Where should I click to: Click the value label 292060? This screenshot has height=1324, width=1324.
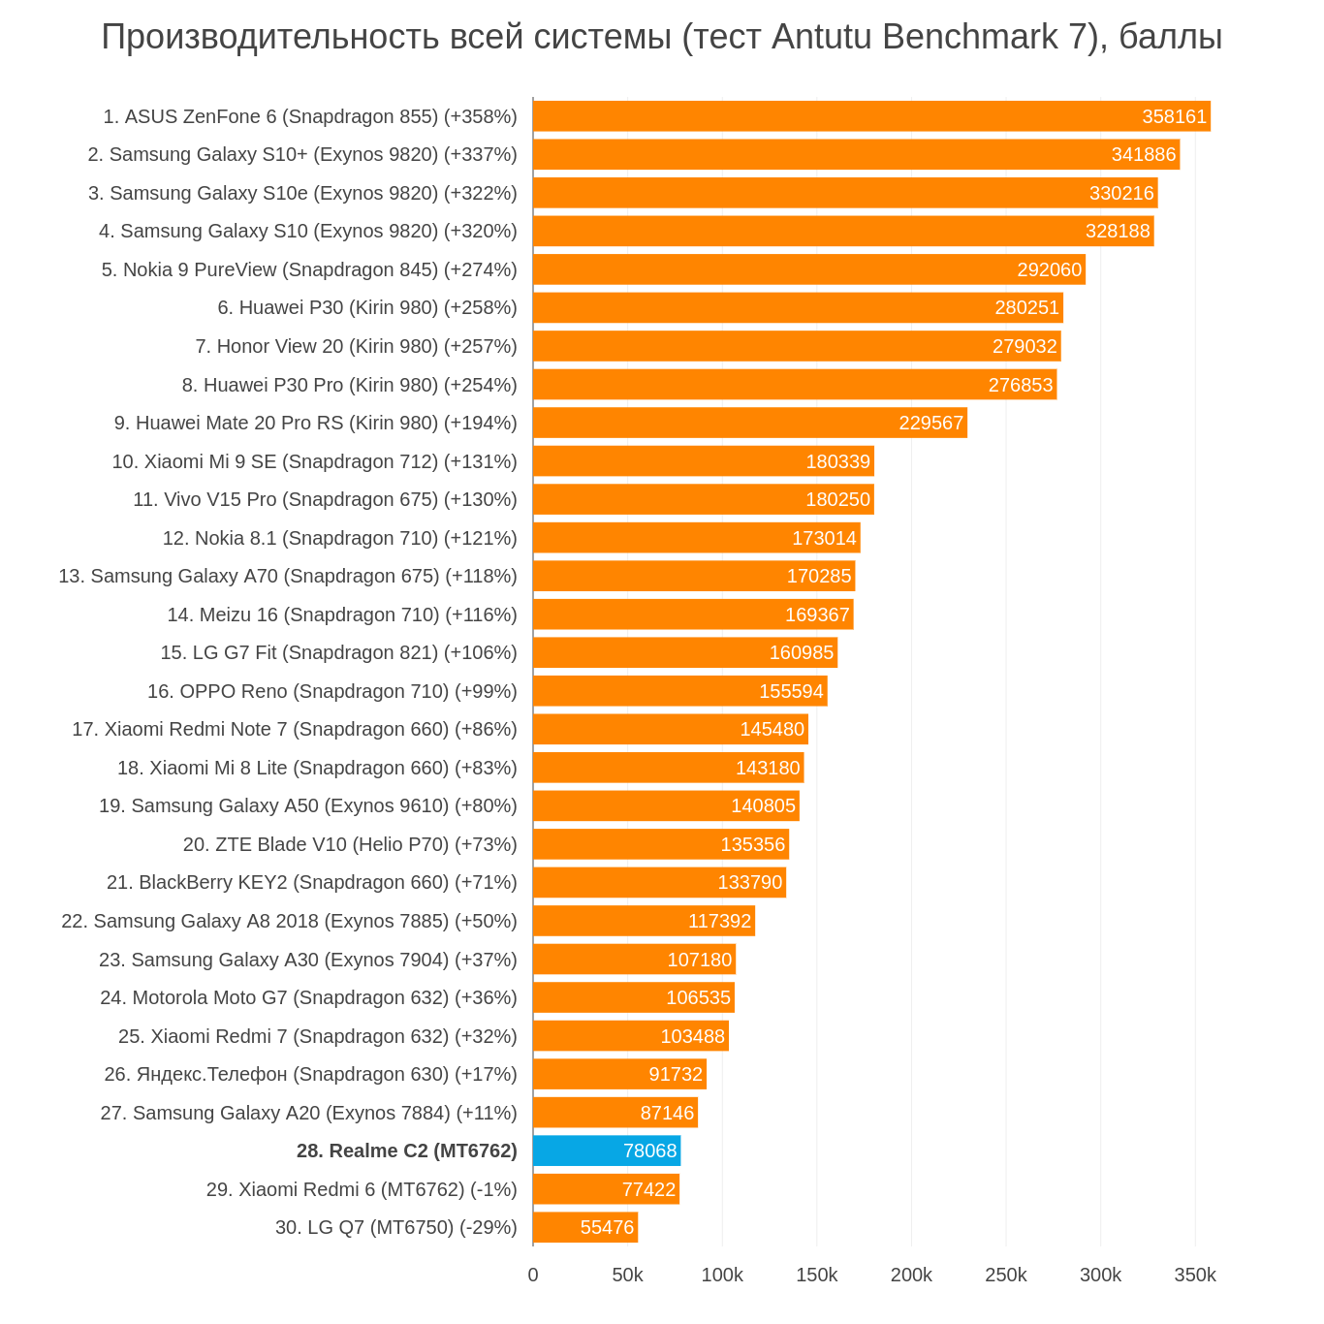click(x=1049, y=269)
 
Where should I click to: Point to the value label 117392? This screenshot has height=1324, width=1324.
click(x=719, y=921)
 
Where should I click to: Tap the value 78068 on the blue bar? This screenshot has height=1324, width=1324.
click(x=649, y=1151)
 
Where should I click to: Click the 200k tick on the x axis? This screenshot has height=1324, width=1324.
click(x=911, y=1275)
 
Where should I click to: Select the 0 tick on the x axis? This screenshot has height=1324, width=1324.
click(x=533, y=1275)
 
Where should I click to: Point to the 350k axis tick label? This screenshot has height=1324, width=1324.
click(x=1195, y=1275)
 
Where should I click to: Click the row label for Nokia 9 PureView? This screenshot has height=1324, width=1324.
click(x=309, y=269)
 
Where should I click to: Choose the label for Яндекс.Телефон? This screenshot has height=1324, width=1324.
click(x=310, y=1074)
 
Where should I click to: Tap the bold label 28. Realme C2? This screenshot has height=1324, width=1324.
click(x=406, y=1151)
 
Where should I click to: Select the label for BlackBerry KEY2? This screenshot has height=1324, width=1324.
click(x=311, y=882)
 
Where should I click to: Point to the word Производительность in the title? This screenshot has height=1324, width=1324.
click(x=270, y=37)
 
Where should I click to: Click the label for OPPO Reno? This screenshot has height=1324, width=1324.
click(x=331, y=691)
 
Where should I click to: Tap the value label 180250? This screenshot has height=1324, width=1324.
click(x=837, y=499)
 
